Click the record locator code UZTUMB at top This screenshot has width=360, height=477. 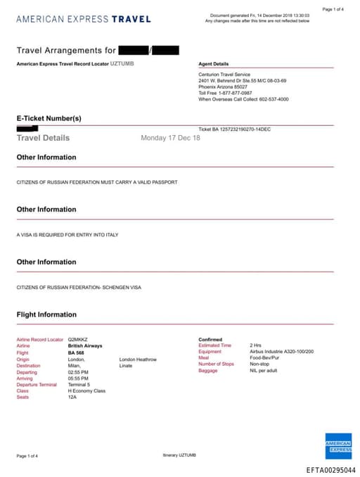[122, 63]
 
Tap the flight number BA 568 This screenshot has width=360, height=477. [77, 352]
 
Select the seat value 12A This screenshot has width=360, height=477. [72, 397]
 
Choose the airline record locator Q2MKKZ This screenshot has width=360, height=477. [77, 340]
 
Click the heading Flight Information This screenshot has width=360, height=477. [46, 314]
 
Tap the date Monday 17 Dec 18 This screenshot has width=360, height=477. [170, 138]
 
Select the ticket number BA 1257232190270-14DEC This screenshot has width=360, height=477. [235, 129]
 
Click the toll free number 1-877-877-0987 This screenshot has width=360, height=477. [235, 92]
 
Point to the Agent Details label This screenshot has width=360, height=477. [214, 64]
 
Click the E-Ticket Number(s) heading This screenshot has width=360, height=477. [49, 118]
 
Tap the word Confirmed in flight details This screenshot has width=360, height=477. [210, 339]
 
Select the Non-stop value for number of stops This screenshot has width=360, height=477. [260, 364]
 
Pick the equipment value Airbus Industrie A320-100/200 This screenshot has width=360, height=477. [281, 351]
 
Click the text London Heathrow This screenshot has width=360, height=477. [138, 359]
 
